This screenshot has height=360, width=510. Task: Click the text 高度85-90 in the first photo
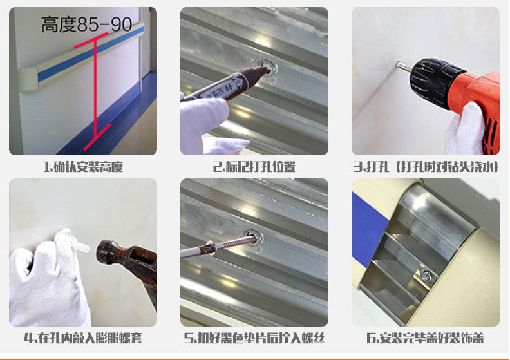86,24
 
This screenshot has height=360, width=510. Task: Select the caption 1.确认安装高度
83,167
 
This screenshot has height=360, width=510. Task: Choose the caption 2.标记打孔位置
254,167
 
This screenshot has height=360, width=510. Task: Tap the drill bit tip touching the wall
397,63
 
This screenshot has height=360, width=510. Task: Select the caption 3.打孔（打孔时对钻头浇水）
426,167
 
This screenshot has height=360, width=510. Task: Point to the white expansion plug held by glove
80,247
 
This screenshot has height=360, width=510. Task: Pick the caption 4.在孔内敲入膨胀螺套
83,338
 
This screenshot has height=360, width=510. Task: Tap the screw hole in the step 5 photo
252,237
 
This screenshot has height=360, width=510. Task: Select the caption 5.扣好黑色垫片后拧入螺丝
254,338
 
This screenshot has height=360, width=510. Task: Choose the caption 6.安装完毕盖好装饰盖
425,338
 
